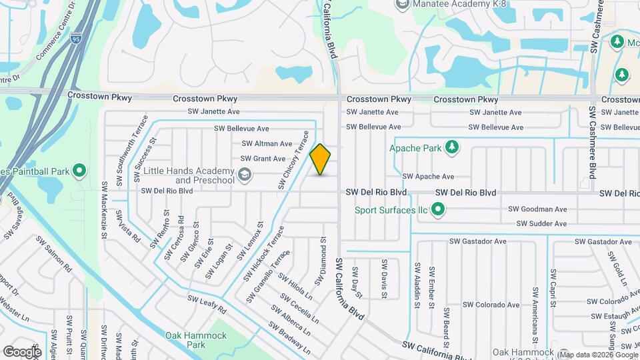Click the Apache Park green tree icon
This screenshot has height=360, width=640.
[452, 147]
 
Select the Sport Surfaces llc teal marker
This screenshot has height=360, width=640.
[438, 211]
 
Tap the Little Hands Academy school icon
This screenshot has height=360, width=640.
[245, 175]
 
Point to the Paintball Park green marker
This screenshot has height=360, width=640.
[79, 172]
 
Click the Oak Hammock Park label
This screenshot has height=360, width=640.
[196, 340]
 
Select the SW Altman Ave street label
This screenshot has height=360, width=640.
[267, 143]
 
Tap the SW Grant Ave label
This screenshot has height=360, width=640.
[263, 159]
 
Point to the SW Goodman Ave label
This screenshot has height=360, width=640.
[537, 209]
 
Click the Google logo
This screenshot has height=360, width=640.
[22, 351]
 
